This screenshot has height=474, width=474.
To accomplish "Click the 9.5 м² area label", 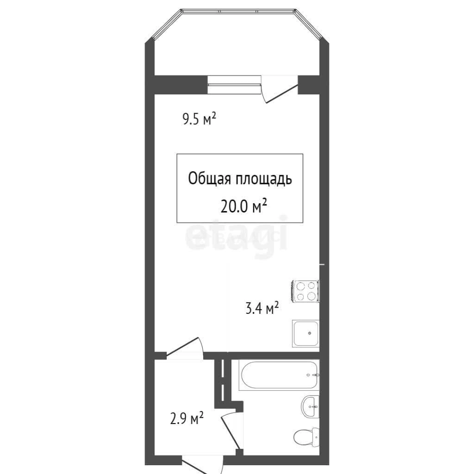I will tap(200, 119).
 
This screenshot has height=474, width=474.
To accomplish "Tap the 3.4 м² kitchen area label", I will tap(262, 309).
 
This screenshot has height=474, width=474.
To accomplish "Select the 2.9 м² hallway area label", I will tap(186, 418).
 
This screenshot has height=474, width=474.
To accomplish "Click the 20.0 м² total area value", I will tap(244, 206).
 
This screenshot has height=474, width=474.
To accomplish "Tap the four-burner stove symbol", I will tap(305, 291).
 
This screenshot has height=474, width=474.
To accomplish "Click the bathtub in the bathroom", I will tap(279, 375).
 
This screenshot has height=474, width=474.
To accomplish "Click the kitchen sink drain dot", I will tap(310, 333).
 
